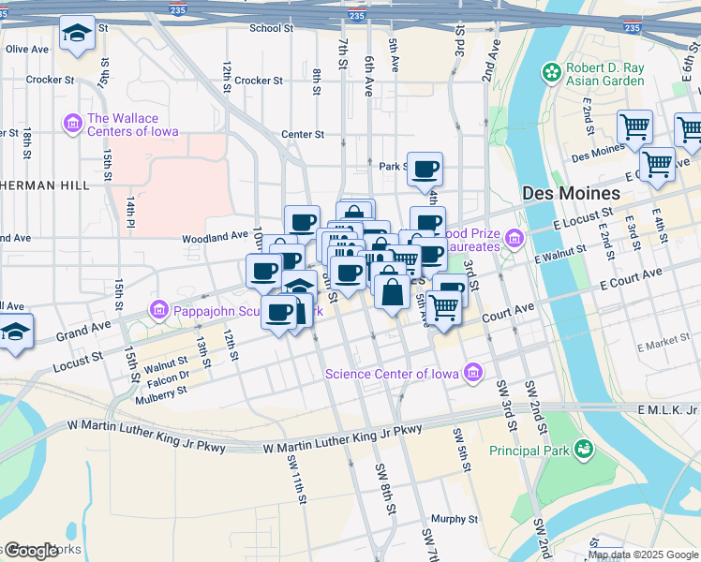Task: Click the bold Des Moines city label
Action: [571, 193]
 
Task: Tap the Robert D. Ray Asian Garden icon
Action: [552, 72]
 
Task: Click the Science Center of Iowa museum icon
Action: [473, 374]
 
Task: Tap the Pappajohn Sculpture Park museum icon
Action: [158, 310]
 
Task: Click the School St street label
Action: [271, 28]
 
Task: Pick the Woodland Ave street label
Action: [215, 238]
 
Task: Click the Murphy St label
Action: [455, 518]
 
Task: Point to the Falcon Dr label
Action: [168, 376]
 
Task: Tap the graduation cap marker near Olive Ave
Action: [77, 37]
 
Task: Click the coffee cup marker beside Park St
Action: [425, 170]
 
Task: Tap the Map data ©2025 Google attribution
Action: [643, 555]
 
